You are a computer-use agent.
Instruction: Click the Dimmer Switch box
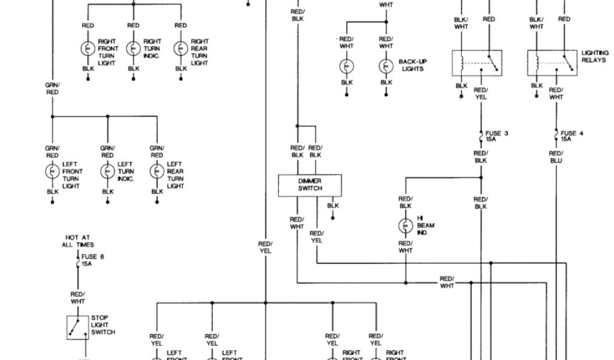309,185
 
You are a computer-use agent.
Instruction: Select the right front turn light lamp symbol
88,49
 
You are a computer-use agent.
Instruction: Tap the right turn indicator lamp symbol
133,49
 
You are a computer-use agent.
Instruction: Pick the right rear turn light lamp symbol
181,49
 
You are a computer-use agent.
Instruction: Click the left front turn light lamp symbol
52,172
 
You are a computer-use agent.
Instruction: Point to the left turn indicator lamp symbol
107,172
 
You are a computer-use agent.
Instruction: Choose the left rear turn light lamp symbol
157,172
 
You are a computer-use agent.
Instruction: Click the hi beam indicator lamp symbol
405,226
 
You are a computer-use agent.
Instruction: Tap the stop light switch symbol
77,327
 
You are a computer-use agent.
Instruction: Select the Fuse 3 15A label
496,136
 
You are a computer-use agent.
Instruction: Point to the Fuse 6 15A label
92,260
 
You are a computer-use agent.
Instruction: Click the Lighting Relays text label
594,56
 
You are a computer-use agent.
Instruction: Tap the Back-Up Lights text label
413,65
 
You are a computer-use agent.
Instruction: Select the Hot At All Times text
77,241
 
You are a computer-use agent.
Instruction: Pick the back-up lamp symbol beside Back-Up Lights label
386,65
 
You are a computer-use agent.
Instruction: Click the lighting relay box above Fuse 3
477,63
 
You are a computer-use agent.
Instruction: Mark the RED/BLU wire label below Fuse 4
556,157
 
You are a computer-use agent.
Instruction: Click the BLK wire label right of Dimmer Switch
333,206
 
